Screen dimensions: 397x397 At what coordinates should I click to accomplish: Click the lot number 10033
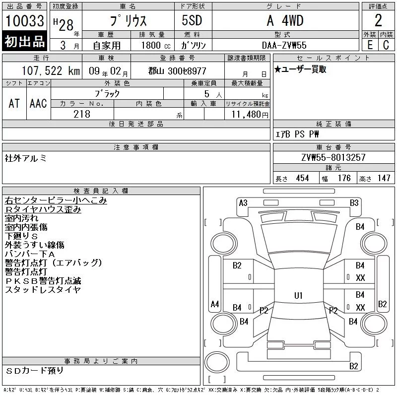pos(24,21)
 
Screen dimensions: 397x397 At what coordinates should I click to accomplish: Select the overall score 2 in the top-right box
pos(378,20)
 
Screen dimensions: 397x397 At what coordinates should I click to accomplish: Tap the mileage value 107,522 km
pos(51,70)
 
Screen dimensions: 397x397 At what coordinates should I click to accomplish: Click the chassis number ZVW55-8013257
pos(333,157)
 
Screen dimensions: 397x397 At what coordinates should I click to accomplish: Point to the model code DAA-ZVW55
pos(284,45)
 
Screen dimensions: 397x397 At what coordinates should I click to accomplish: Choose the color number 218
pos(82,114)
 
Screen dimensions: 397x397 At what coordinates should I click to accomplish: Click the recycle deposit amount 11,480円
pos(250,115)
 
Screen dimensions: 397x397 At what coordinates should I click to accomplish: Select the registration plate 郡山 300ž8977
pos(177,71)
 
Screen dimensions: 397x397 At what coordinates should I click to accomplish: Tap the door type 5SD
pos(192,20)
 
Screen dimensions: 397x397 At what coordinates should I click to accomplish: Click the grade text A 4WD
pos(285,20)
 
